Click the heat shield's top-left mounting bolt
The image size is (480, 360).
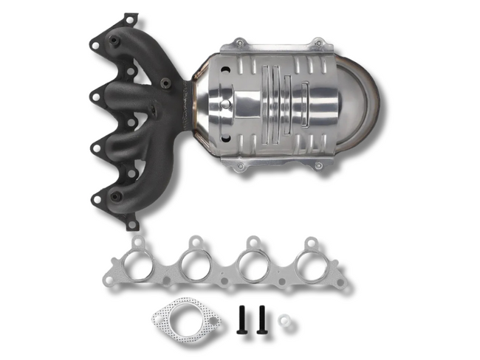pyautogui.click(x=238, y=44)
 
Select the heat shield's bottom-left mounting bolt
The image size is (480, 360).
pyautogui.click(x=239, y=167)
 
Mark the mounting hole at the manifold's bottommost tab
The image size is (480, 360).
pyautogui.click(x=133, y=221)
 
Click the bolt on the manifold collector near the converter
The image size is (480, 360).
pyautogui.click(x=167, y=82)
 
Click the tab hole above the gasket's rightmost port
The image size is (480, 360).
pyautogui.click(x=311, y=242)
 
